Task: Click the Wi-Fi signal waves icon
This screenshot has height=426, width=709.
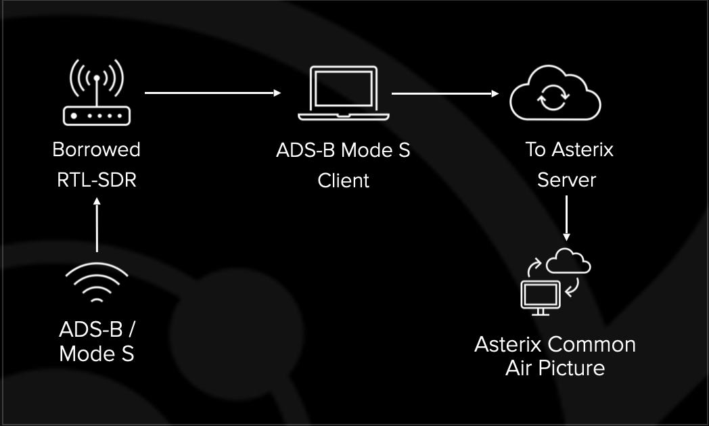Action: click(x=97, y=283)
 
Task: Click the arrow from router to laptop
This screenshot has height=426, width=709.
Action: click(x=213, y=93)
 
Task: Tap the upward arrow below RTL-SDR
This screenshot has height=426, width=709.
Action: click(x=97, y=226)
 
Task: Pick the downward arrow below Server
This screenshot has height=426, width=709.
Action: click(x=567, y=218)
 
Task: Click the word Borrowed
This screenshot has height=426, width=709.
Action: click(x=97, y=149)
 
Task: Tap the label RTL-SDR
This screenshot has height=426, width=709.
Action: click(x=97, y=180)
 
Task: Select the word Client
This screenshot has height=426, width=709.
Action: click(x=344, y=181)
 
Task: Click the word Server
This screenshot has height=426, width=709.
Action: click(x=566, y=180)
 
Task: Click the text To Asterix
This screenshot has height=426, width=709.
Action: click(x=569, y=149)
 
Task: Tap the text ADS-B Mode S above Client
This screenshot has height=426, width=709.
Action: click(x=343, y=149)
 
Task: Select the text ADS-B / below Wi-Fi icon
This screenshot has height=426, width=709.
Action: click(x=97, y=330)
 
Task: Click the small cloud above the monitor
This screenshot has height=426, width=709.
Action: click(x=568, y=262)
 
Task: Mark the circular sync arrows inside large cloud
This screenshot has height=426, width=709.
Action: click(x=549, y=100)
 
